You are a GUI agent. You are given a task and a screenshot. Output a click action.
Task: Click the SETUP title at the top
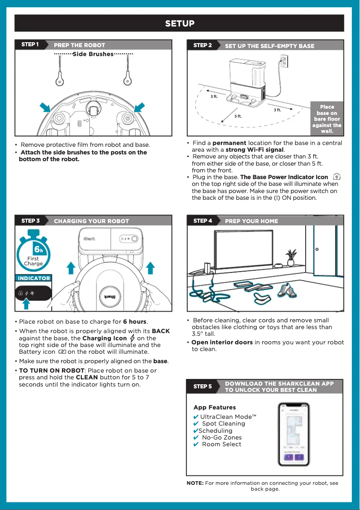[180, 24]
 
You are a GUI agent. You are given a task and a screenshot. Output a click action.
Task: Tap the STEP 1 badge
[30, 44]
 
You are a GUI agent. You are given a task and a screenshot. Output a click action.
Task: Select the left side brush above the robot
[60, 74]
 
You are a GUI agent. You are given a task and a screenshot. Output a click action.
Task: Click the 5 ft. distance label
[238, 116]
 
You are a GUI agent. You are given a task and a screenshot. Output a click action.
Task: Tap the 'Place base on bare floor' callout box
[327, 119]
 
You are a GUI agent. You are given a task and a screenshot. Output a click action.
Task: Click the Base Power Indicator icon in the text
[337, 177]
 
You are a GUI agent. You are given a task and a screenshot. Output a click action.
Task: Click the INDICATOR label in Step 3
[34, 278]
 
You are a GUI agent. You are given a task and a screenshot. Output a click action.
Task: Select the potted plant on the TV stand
[291, 257]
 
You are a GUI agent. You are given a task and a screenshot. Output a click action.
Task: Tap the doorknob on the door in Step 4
[317, 249]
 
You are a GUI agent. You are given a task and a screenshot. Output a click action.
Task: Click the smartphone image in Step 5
[294, 434]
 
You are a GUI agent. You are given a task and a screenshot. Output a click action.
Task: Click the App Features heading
[215, 407]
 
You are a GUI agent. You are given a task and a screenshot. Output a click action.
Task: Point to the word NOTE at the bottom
[195, 483]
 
